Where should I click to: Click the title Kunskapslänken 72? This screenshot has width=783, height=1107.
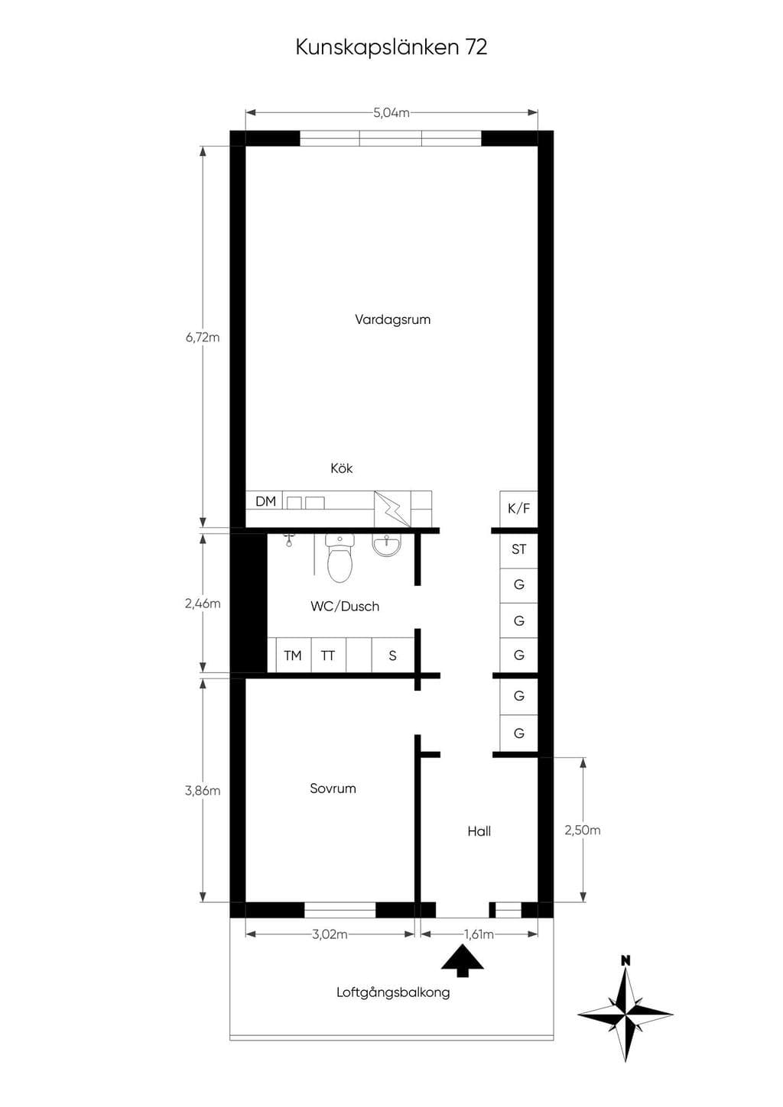pos(391,47)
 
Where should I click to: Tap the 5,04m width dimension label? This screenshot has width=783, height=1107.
pos(391,112)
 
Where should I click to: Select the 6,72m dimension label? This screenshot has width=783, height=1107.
pos(203,337)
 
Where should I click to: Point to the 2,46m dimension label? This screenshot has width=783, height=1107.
pos(203,603)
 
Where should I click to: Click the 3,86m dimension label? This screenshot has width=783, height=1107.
pos(203,790)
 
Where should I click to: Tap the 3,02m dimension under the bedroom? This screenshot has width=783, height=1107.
pos(330,934)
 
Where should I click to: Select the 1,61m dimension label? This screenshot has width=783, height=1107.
pos(479,934)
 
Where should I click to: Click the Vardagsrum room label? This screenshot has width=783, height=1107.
pos(393,319)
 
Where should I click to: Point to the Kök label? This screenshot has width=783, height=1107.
pos(341,468)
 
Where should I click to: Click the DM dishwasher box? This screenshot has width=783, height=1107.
pos(265,500)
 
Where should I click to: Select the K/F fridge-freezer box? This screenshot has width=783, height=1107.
pos(518,509)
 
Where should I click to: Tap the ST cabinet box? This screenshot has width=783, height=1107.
pos(518,549)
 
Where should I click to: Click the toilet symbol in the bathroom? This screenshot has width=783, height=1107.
pos(340,558)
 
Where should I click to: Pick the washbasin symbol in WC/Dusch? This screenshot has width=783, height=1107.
pos(387,546)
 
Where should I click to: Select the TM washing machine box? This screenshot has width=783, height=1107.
pos(294,655)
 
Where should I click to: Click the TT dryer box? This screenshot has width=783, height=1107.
pos(329,655)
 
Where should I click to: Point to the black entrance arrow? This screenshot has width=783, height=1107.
pos(462,962)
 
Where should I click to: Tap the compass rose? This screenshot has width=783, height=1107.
pos(625,1014)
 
